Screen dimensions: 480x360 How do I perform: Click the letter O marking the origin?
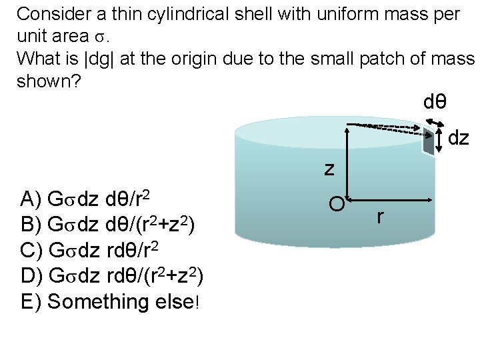337,204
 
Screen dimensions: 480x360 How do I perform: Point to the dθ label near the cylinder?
435,103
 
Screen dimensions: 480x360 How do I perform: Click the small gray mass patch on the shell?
427,141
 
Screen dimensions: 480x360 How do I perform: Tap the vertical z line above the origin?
347,160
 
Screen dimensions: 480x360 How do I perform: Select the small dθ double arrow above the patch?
436,123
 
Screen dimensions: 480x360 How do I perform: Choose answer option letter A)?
32,199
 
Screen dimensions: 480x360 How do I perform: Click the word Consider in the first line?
51,14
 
